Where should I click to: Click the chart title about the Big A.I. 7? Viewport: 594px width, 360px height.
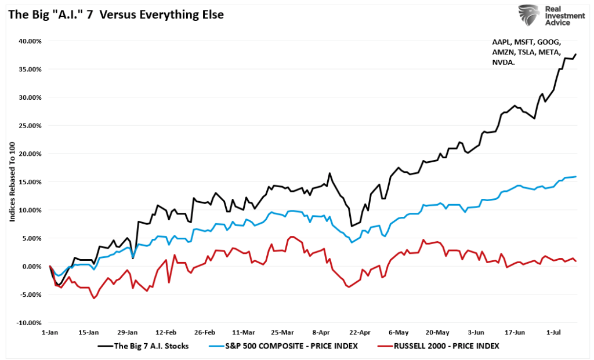(115, 14)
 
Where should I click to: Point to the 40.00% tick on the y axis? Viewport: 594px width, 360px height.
(28, 41)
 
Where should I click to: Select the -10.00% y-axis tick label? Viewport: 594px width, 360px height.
(27, 323)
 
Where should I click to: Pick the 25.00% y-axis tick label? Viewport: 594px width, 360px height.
(28, 126)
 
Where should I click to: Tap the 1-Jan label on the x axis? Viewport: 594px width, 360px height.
(50, 333)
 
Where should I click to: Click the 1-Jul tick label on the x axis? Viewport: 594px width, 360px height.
(554, 333)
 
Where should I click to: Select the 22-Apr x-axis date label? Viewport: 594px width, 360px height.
(360, 333)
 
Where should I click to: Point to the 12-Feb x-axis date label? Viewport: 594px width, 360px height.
(166, 333)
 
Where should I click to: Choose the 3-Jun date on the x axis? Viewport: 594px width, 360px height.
(476, 333)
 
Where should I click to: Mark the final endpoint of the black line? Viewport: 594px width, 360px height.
(575, 54)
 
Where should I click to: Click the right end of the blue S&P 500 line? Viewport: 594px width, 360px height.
(575, 176)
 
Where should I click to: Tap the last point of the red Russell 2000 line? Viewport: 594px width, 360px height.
(575, 261)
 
